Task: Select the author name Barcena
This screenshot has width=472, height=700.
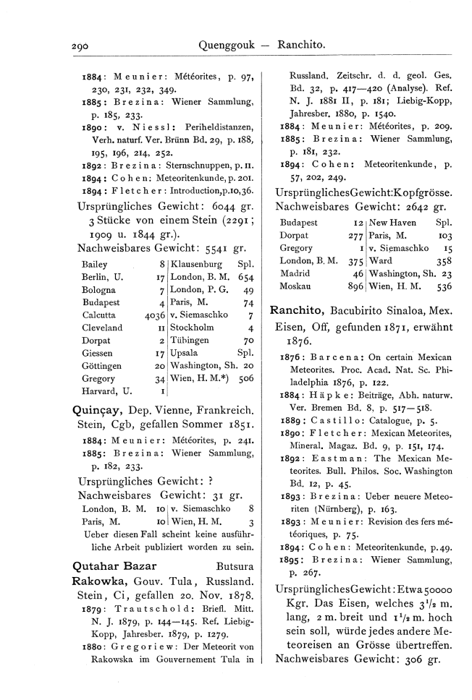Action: (345, 357)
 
